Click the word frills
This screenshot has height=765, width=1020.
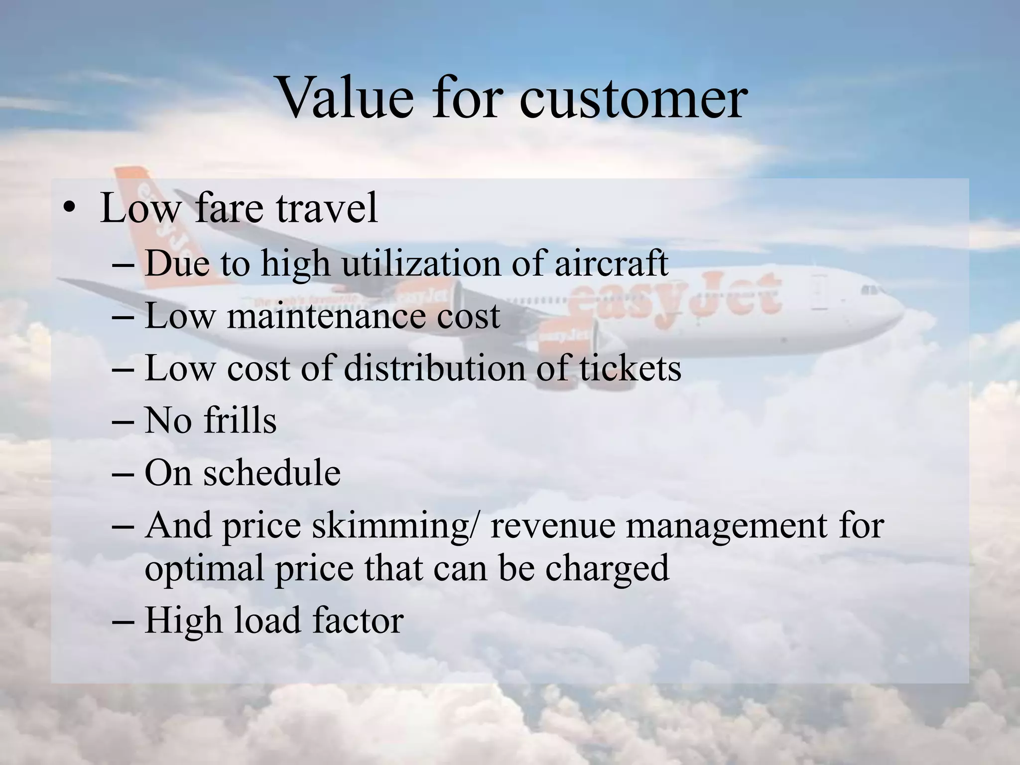[x=240, y=421]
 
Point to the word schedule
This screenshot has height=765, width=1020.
[x=271, y=473]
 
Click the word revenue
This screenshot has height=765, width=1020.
[x=553, y=526]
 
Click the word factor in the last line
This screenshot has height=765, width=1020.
[x=358, y=621]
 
